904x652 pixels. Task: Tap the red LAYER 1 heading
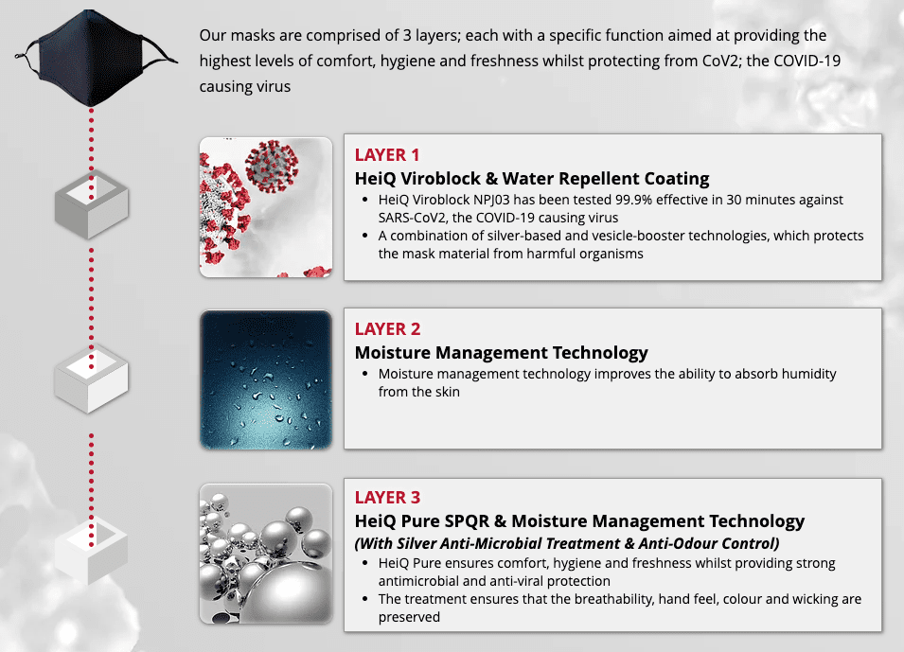point(387,155)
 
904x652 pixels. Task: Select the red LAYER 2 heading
point(387,329)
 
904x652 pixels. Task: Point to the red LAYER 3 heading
point(387,498)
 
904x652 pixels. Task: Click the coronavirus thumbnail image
point(266,207)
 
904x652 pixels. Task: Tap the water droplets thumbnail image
point(266,379)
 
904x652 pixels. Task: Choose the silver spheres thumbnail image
point(266,554)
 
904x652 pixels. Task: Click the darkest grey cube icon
point(92,204)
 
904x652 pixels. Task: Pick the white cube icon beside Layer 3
point(92,550)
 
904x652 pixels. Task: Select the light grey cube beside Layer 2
point(92,379)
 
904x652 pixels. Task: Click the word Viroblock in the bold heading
point(440,179)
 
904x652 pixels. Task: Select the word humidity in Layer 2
point(809,374)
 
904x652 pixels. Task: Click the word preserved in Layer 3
point(409,617)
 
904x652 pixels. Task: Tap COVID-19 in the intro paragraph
point(807,62)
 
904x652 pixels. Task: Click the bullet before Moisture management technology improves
point(365,374)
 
